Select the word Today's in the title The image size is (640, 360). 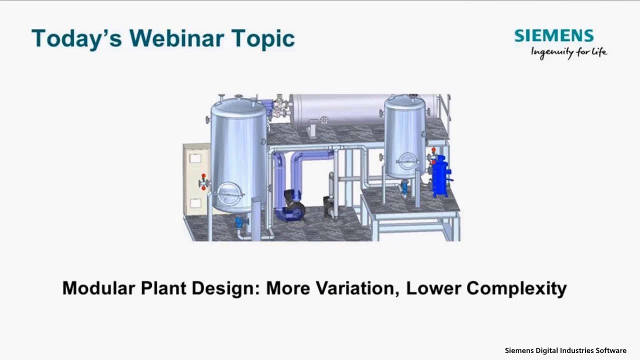[x=75, y=38]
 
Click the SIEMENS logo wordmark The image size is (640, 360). [x=554, y=35]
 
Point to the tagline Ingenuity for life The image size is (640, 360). [x=568, y=52]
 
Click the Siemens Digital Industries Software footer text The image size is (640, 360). [x=565, y=350]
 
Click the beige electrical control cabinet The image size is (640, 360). [x=196, y=180]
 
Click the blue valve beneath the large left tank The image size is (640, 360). [x=239, y=222]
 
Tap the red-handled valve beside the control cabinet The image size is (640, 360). [x=203, y=182]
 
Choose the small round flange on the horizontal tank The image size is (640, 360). [x=324, y=120]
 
